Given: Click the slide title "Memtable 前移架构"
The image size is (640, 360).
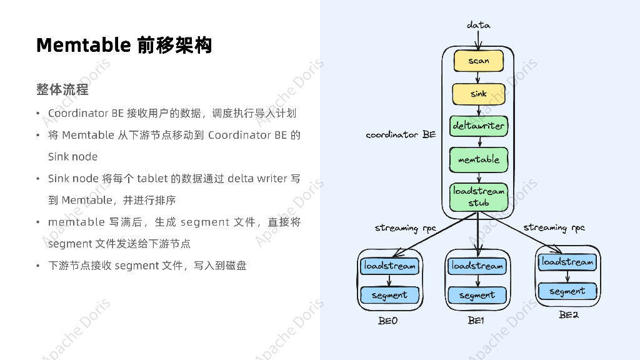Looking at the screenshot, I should click(124, 45).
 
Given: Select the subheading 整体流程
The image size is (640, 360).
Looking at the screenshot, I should click(62, 89).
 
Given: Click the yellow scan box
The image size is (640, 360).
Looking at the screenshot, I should click(478, 61).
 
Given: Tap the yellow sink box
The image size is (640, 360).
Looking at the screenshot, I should click(478, 94).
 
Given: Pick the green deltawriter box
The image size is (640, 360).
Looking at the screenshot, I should click(478, 126).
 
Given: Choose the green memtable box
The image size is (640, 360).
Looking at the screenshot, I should click(478, 159).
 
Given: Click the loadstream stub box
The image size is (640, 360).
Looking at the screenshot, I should click(478, 196).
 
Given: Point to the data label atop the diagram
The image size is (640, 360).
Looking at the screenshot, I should click(478, 25).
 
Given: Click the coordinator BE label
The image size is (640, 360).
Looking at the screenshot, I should click(401, 134).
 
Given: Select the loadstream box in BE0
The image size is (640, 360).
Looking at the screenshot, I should click(389, 266).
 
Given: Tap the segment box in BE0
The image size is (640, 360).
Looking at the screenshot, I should click(389, 295).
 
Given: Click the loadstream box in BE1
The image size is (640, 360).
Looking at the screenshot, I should click(477, 266).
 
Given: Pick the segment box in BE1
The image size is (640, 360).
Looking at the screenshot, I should click(477, 295).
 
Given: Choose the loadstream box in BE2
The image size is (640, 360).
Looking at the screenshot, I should click(567, 262).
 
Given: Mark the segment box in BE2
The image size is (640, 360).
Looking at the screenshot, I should click(567, 291).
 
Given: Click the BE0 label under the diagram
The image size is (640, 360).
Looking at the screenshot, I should click(387, 321).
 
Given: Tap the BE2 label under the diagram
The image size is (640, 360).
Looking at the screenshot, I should click(568, 315).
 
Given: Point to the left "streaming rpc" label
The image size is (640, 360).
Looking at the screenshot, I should click(405, 228).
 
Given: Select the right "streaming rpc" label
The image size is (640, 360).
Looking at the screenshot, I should click(554, 227).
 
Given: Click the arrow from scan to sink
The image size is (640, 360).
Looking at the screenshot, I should click(478, 77).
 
